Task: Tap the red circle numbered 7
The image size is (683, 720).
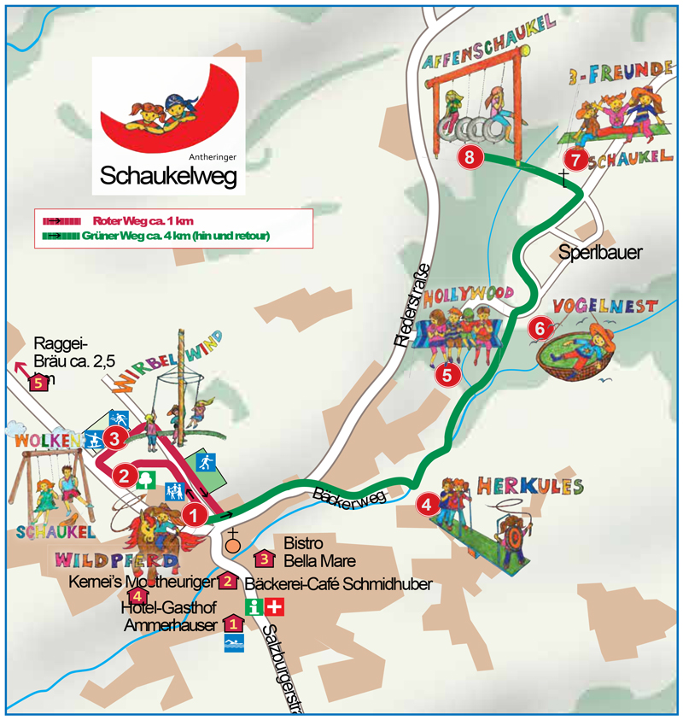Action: coord(577,159)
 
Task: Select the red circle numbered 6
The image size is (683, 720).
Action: coord(539,327)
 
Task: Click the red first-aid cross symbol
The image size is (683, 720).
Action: coord(274,607)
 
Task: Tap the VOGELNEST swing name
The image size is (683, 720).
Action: coord(605,306)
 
